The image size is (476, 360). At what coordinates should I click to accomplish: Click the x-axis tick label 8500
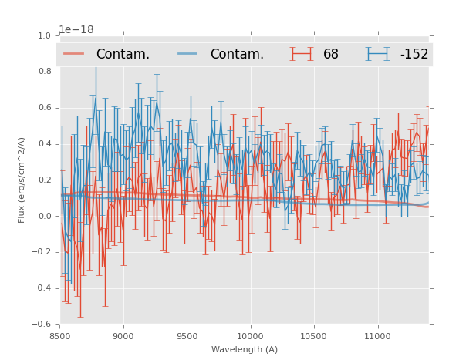click(59, 336)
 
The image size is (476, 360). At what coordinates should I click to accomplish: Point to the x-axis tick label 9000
click(123, 336)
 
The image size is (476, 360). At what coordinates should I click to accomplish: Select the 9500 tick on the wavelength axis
click(187, 336)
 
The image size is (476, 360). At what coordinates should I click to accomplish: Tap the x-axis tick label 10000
click(250, 336)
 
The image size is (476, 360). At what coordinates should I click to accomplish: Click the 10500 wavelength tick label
click(314, 336)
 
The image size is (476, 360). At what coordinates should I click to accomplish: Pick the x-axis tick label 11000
click(377, 336)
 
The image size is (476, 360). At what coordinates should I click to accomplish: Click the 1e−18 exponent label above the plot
click(76, 29)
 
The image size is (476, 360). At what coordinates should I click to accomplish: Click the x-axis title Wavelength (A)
click(244, 349)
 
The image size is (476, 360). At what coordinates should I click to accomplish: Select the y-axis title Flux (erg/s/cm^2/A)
click(22, 180)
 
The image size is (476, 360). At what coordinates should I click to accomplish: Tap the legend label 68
click(331, 54)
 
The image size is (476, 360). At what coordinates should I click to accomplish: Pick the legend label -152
click(414, 54)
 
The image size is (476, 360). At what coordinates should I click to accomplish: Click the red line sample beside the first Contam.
click(74, 53)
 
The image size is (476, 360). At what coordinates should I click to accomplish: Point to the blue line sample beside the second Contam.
click(188, 53)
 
